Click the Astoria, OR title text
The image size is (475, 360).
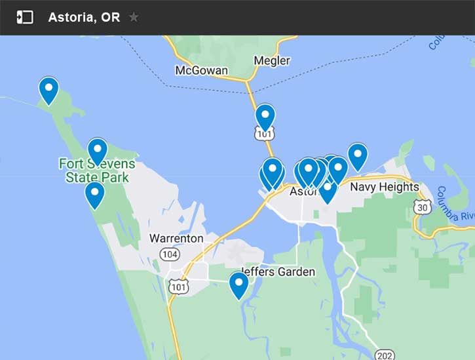84,18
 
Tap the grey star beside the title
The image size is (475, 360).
134,17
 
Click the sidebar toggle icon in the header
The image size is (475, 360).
25,18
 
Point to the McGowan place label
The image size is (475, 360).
202,70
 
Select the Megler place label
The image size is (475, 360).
272,61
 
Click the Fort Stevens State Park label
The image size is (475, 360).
97,170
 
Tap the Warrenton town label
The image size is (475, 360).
176,238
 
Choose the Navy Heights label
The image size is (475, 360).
385,187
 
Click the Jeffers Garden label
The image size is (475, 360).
278,271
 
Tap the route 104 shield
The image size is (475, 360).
168,254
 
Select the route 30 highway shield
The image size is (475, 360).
423,207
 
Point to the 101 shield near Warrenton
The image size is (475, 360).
178,287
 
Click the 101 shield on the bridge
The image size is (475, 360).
264,134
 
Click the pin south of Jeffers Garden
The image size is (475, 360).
238,283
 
